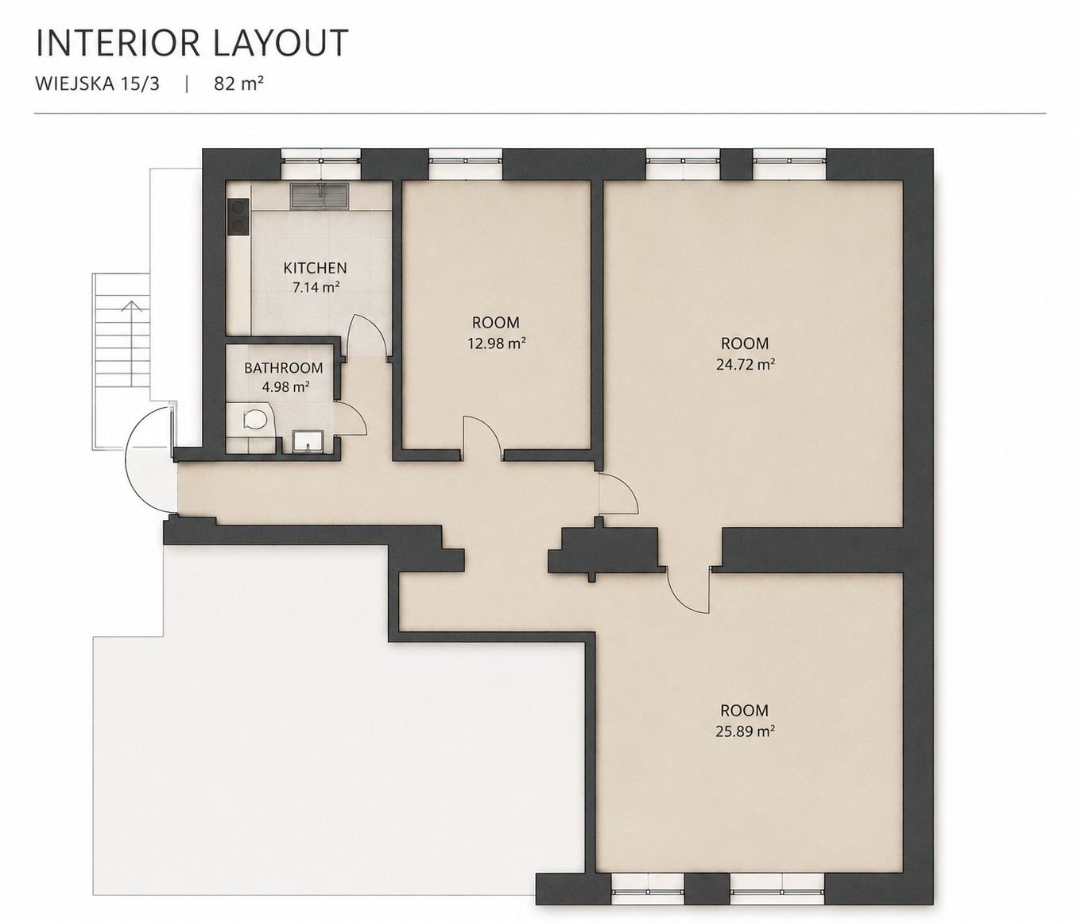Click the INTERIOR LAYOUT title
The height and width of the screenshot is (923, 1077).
(x=192, y=43)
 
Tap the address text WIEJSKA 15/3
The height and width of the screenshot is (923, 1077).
(x=98, y=84)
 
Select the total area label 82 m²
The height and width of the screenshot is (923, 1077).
(x=238, y=83)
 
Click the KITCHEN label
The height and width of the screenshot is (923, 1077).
(x=315, y=268)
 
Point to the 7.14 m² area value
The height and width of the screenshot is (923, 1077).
(x=316, y=287)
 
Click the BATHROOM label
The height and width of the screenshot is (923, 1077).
(x=284, y=368)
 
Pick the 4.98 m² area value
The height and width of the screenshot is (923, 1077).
(x=285, y=387)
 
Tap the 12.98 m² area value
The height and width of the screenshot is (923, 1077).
(x=495, y=343)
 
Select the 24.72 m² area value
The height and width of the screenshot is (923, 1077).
(x=745, y=364)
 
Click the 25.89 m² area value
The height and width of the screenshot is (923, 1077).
(x=745, y=731)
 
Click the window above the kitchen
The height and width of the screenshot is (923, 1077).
(x=321, y=163)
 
